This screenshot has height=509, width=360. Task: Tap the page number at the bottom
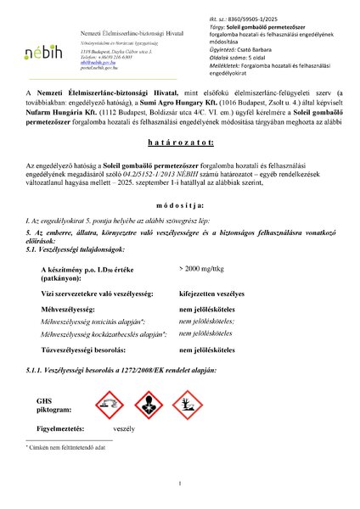coord(181,484)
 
